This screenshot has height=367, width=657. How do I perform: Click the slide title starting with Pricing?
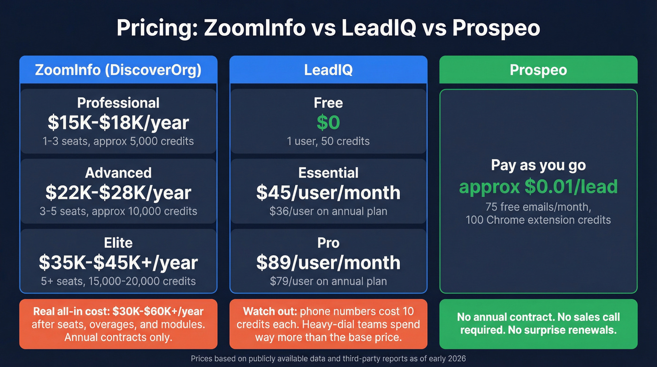[328, 28]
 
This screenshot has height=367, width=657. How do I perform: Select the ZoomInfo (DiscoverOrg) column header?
[118, 70]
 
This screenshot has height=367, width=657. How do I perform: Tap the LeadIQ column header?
[328, 70]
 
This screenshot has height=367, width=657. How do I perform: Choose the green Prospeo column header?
[538, 70]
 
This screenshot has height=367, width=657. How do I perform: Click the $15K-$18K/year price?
[118, 122]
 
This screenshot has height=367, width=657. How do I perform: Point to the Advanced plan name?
[118, 173]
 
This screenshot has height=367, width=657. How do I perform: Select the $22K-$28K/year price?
[118, 192]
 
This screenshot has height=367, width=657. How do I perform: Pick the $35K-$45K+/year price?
[118, 262]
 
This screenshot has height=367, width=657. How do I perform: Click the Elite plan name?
[118, 243]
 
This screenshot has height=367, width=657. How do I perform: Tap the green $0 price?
[328, 122]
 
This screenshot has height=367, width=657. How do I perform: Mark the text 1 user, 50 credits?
[328, 141]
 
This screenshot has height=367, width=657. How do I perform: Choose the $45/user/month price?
[328, 192]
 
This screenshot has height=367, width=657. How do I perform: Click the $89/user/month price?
[328, 262]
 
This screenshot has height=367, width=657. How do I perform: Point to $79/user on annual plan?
[328, 281]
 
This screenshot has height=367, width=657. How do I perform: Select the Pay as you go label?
[538, 165]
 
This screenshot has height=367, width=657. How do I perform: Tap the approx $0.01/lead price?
[538, 187]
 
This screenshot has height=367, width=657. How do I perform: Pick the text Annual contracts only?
[118, 337]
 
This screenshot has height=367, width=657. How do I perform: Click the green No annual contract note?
[538, 324]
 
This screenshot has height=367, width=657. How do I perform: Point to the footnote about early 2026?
[328, 359]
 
